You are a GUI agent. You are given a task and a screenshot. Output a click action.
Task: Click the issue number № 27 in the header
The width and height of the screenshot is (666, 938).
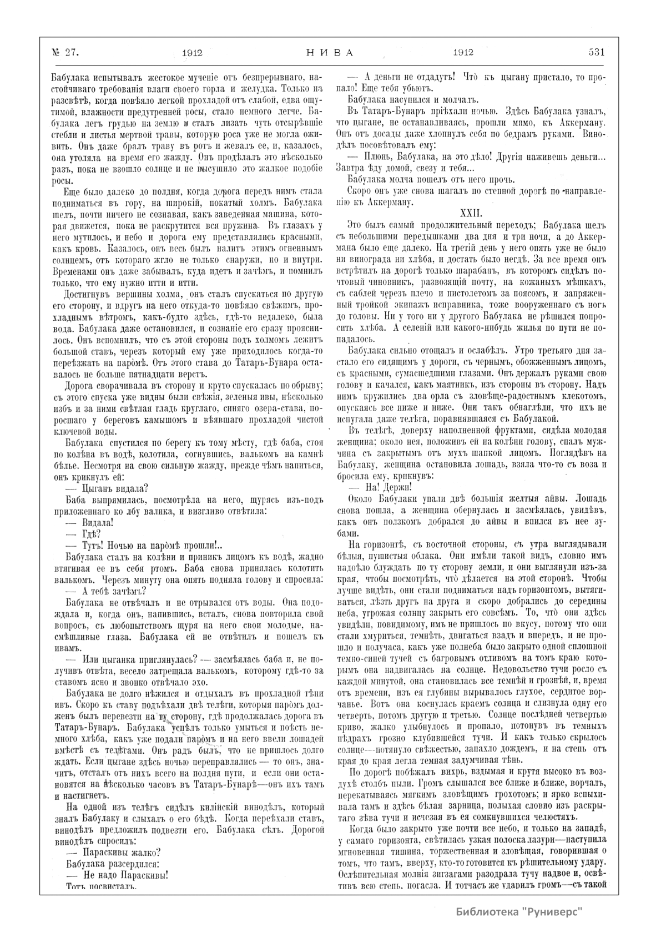tap(66, 53)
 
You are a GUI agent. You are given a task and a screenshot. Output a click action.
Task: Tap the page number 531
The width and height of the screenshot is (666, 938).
tap(596, 53)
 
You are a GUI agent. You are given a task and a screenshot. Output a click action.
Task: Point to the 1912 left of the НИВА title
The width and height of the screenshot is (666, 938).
tap(191, 53)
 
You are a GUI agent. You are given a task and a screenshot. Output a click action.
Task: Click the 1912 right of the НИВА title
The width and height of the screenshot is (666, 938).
tap(462, 53)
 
